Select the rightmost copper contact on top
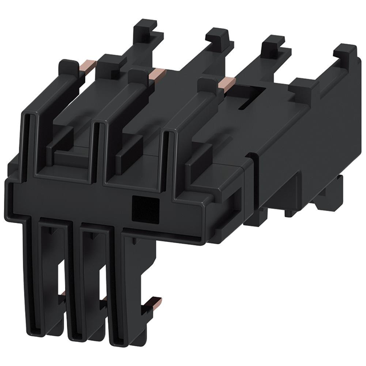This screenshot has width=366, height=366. (224, 84)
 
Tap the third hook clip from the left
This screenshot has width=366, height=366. (274, 47)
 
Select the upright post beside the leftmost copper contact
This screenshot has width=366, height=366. (106, 69)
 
